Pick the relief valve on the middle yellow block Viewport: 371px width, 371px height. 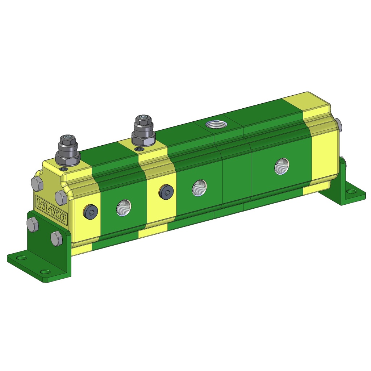pos(143,131)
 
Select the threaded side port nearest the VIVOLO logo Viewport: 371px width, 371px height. pos(124,207)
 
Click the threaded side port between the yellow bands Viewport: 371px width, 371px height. pos(199,188)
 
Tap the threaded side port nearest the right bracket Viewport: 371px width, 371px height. pos(282,166)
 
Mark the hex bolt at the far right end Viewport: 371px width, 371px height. pos(338,124)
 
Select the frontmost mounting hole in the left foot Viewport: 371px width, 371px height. pos(45,271)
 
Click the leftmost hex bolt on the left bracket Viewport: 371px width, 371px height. pos(33,225)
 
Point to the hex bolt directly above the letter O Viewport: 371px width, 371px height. pos(61,197)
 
